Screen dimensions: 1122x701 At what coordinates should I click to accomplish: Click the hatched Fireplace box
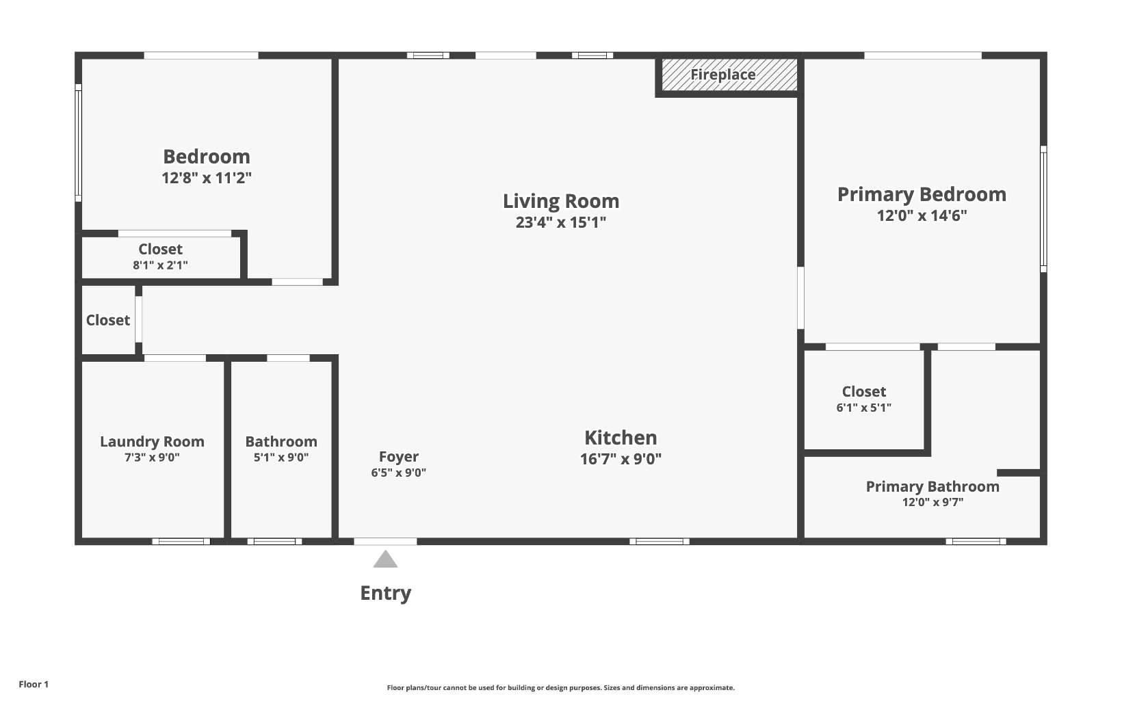point(729,75)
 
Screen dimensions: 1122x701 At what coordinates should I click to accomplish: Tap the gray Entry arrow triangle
point(385,559)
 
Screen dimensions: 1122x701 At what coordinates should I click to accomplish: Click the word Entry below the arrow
point(386,594)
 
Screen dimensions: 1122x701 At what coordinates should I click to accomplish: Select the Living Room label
point(561,201)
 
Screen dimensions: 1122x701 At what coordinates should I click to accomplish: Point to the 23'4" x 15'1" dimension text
point(561,222)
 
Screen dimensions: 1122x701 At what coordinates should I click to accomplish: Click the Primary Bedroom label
point(922,194)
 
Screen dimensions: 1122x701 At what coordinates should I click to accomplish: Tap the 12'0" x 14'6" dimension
point(922,216)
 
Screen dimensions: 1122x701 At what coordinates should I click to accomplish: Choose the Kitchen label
point(621,438)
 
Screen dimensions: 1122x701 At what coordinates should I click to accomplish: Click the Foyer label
point(399,457)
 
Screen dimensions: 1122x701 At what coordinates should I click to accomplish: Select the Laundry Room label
point(153,442)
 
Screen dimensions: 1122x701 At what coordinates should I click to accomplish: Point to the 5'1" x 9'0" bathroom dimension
point(281,457)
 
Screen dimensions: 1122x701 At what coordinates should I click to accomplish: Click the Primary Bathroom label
point(932,487)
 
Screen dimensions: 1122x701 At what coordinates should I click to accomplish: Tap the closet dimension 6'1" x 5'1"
point(864,408)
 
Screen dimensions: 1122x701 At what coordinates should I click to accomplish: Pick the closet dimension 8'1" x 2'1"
point(160,265)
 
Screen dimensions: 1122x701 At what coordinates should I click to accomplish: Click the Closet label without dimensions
point(108,321)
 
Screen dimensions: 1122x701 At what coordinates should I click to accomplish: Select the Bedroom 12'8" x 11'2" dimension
point(207,178)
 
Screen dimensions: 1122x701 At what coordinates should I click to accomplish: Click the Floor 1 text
point(34,685)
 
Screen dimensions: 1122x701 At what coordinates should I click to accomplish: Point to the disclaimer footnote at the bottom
point(561,688)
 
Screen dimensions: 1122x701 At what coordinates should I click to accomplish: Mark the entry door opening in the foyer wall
point(385,541)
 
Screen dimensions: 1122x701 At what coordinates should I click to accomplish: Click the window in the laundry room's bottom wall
point(181,541)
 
